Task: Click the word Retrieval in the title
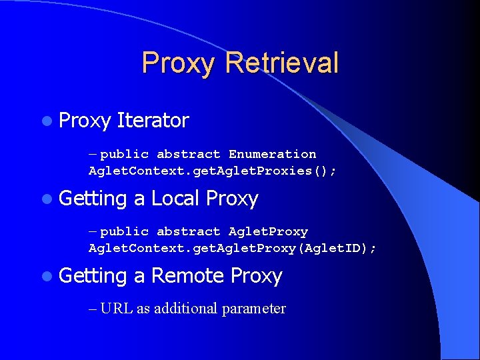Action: (x=282, y=63)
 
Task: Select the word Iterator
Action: (x=153, y=121)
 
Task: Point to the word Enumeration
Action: (x=272, y=154)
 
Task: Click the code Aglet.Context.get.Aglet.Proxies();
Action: (x=213, y=171)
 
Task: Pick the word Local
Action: (x=175, y=198)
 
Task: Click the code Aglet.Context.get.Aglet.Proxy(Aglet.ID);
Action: (x=233, y=248)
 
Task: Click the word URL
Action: (x=117, y=308)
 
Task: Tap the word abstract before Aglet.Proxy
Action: (x=188, y=231)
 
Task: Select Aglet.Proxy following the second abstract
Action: (x=268, y=231)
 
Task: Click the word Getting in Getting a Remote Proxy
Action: (x=93, y=275)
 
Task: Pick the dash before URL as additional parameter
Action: (x=93, y=308)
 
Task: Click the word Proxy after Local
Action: (x=232, y=198)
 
